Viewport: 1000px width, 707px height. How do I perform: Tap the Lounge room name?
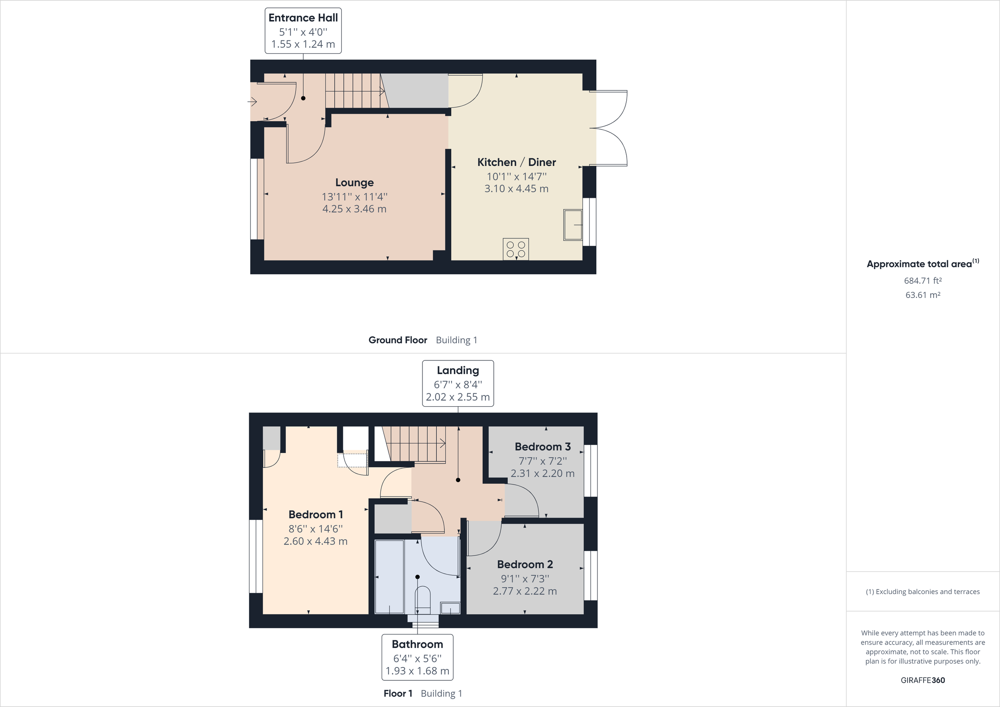click(354, 182)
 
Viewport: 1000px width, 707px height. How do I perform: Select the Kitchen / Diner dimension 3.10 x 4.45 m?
click(516, 189)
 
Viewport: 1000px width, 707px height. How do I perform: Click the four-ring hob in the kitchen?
click(516, 249)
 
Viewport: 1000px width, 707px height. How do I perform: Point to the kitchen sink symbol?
click(573, 225)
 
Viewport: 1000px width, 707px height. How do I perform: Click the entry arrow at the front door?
click(252, 102)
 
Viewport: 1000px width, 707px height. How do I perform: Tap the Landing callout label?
click(458, 370)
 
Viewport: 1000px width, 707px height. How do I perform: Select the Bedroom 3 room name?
click(542, 447)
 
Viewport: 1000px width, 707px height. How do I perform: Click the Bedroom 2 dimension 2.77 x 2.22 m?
click(525, 591)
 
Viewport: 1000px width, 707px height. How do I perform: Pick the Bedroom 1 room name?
click(315, 515)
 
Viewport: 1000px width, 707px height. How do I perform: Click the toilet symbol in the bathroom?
click(422, 599)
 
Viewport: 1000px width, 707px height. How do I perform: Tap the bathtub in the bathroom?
click(389, 576)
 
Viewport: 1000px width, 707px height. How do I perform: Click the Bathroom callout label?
click(417, 644)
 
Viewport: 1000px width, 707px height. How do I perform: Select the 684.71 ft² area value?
click(922, 281)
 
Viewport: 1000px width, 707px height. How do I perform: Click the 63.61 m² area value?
click(922, 295)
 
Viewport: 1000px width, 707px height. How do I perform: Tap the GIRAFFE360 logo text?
click(922, 680)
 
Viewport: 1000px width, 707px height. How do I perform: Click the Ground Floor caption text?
click(397, 340)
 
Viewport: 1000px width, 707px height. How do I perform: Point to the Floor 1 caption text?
click(397, 694)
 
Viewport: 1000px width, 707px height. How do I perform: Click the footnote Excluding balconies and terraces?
click(922, 592)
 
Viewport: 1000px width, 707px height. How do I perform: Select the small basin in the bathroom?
click(450, 607)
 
